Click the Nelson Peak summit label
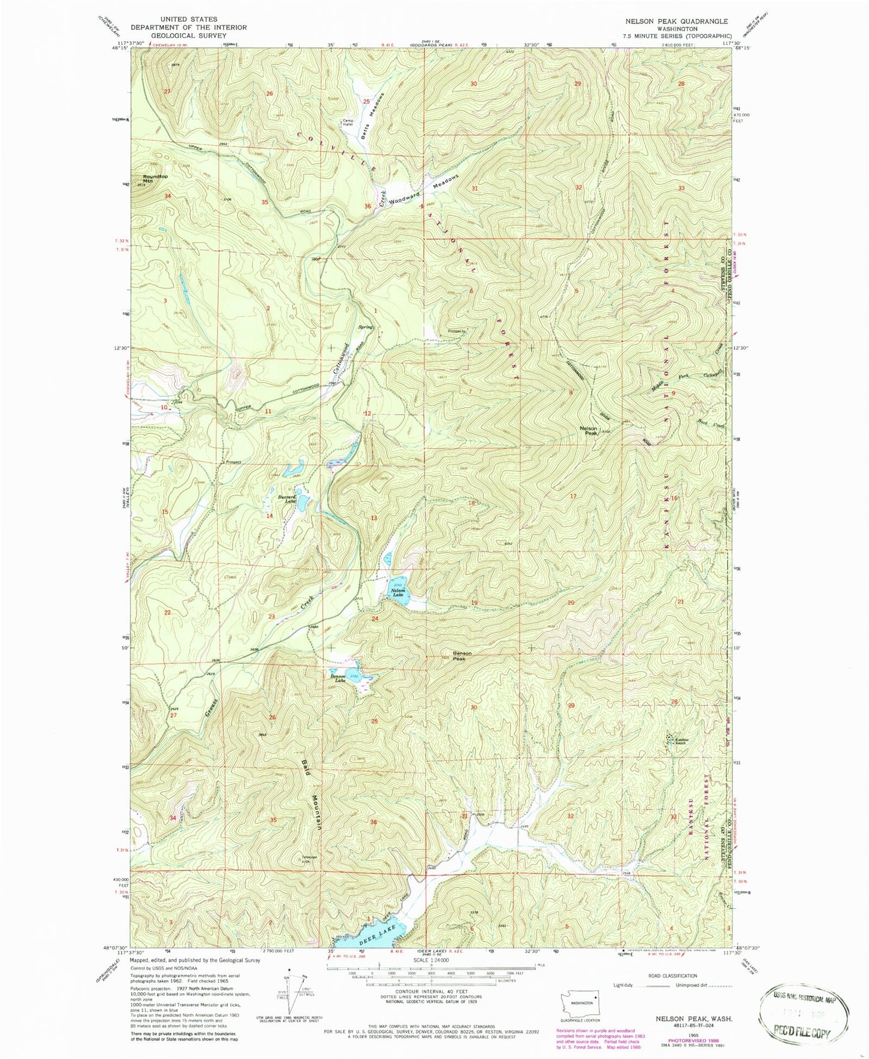point(588,430)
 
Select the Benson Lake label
point(337,678)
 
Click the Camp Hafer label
point(348,122)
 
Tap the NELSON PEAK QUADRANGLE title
point(676,21)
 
